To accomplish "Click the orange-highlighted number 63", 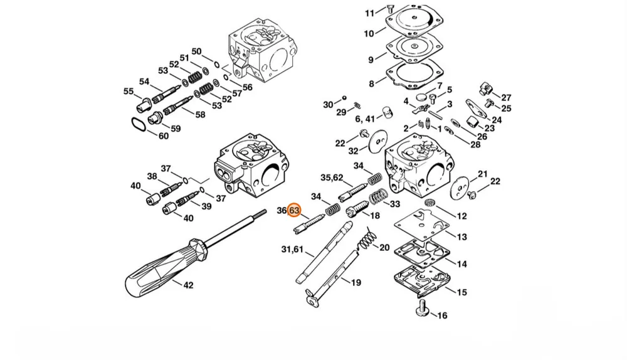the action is [x=294, y=210].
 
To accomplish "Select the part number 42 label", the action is [x=188, y=285].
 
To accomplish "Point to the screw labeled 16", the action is [x=422, y=309].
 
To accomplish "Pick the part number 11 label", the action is [x=369, y=13].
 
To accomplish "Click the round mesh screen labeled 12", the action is [x=430, y=202].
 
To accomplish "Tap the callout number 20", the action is [x=384, y=248].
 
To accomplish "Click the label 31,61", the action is [x=292, y=250].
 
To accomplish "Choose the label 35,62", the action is [x=332, y=177].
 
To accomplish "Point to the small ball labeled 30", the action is [x=344, y=98].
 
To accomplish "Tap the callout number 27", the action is [x=506, y=98].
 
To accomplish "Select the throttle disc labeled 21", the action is [x=460, y=186].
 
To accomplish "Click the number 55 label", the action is [x=129, y=91].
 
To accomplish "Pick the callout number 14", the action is [x=462, y=264].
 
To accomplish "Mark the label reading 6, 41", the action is [x=365, y=119].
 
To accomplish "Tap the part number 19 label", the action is [x=356, y=283].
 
